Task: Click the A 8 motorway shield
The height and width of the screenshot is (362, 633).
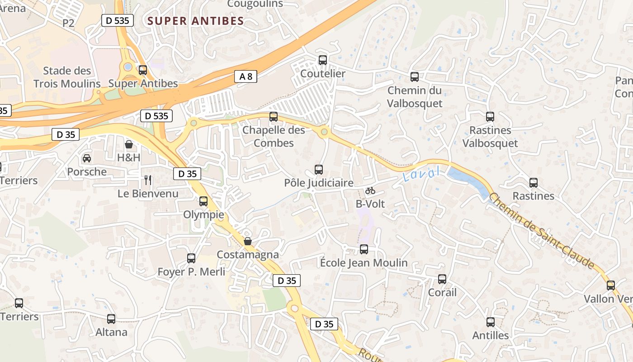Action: pos(246,76)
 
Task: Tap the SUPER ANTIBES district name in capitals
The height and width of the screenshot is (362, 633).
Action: pos(196,21)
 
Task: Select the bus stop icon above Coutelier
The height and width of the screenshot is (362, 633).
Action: pos(323,60)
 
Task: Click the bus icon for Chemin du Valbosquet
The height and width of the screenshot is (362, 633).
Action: pos(415,77)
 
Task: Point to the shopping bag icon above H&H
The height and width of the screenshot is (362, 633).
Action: pos(129,144)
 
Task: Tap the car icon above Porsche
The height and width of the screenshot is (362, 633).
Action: pos(87,158)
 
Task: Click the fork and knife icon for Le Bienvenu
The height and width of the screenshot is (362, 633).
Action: pos(148,180)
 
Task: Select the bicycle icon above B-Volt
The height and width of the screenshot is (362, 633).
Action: pos(370,191)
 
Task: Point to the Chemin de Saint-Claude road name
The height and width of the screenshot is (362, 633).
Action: pos(542,231)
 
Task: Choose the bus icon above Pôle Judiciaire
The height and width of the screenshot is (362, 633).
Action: pos(319,170)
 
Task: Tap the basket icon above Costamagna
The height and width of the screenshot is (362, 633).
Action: pos(248,241)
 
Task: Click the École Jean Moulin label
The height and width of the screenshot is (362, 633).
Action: pos(364,262)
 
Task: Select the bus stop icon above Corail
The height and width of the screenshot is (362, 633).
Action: pos(442,279)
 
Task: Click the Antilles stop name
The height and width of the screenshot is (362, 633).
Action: pos(491,335)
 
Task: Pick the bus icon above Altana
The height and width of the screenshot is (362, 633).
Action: pos(111,319)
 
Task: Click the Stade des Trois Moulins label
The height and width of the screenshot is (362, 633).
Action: pos(67,77)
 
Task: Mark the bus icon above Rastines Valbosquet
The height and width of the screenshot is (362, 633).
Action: pos(490,117)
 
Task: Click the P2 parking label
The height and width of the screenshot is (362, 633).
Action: pos(68,23)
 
